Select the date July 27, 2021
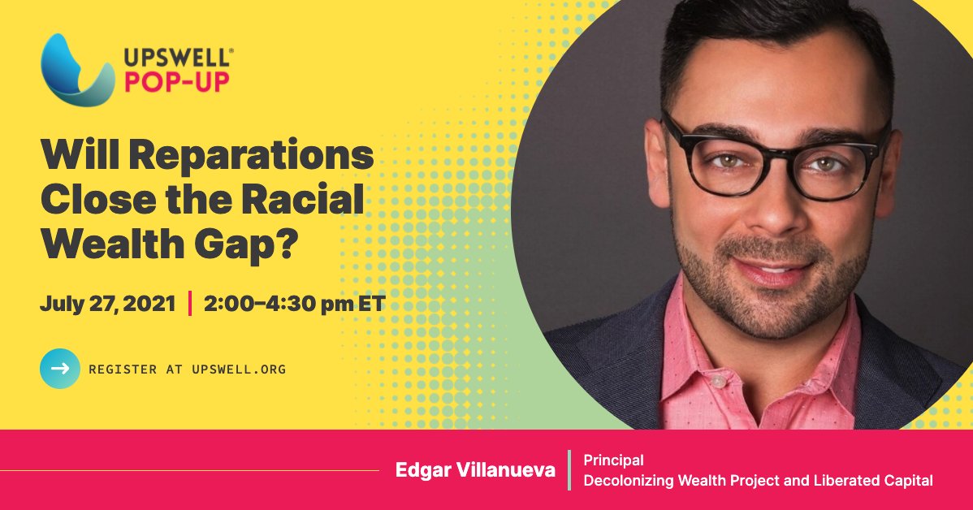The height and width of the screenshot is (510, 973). point(107,305)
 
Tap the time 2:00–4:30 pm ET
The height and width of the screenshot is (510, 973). point(294,305)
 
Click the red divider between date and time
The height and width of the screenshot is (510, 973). point(190,305)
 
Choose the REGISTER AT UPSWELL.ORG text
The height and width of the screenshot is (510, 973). point(187,370)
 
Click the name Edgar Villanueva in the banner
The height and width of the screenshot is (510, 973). point(475,470)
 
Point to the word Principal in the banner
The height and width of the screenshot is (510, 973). point(613,460)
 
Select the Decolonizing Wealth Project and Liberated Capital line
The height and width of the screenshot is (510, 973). point(758,480)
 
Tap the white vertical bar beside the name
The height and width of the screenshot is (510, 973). point(569,470)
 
